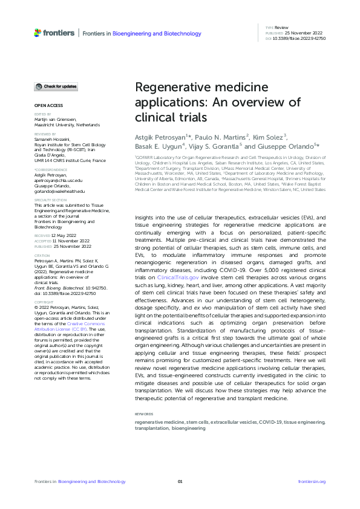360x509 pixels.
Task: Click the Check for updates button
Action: (x=55, y=87)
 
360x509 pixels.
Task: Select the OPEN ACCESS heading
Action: (x=46, y=106)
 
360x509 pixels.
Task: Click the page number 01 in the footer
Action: (x=180, y=481)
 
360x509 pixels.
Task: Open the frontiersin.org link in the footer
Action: (x=312, y=481)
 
